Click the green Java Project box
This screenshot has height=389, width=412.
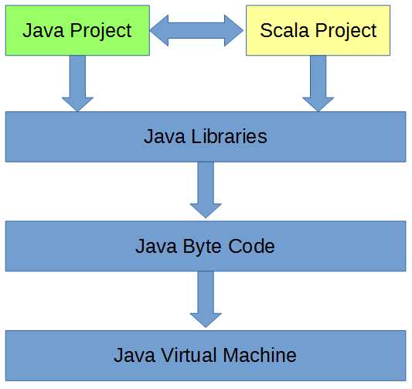77,30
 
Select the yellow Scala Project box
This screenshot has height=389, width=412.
318,30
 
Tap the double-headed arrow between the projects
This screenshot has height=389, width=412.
196,30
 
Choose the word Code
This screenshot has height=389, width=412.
252,247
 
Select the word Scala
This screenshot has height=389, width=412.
282,31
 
